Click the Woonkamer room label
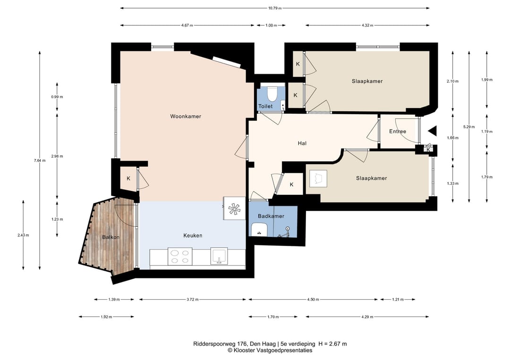coord(186,117)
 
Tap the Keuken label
coord(193,235)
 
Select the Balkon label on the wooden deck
coord(111,237)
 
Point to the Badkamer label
coord(271,216)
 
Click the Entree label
coord(398,131)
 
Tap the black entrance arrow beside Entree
coord(432,131)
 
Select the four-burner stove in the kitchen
coord(180,256)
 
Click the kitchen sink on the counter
coord(219,256)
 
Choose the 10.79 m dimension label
coord(275,8)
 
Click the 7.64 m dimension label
coord(40,160)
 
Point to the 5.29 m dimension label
coord(469,127)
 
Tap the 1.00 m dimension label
coord(271,25)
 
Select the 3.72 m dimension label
coord(193,299)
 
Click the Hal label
coord(302,143)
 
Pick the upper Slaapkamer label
coord(367,81)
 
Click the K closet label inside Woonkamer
coord(128,178)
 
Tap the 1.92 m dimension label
coord(106,317)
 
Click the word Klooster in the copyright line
coord(244,350)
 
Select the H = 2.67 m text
coord(332,344)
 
